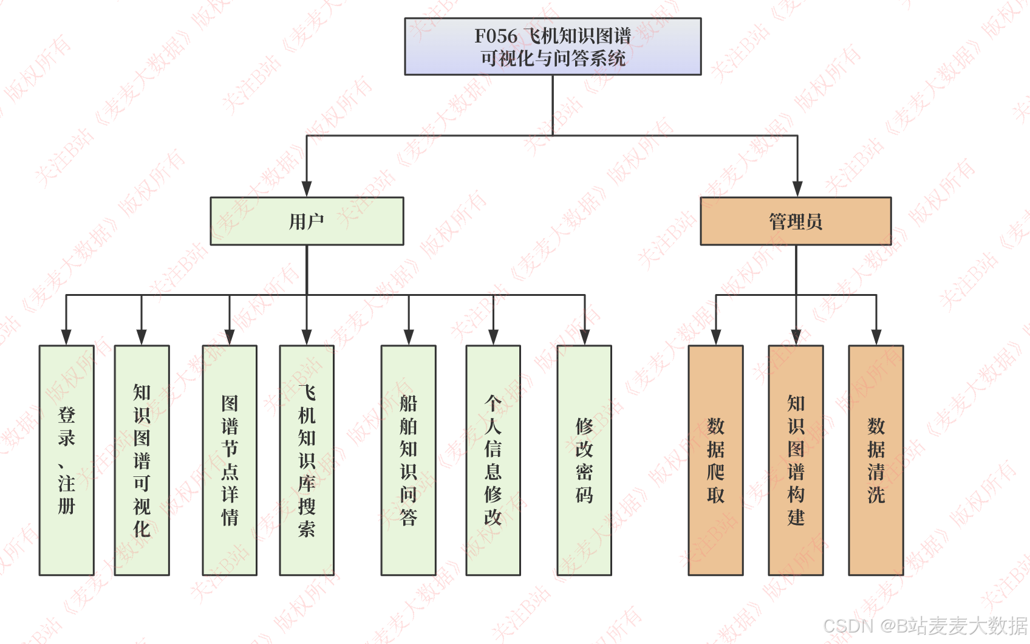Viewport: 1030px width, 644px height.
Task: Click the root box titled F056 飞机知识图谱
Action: (x=553, y=47)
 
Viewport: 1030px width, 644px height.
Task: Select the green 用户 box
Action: (x=307, y=221)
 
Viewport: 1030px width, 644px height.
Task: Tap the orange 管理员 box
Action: (x=796, y=221)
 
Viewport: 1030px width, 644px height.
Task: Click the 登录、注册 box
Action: (x=67, y=460)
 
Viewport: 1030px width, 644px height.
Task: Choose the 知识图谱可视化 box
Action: (x=142, y=460)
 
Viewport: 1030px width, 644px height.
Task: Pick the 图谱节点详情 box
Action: (x=230, y=460)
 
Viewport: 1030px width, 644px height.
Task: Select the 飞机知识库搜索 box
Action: (x=307, y=460)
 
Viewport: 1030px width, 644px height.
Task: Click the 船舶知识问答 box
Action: (x=408, y=460)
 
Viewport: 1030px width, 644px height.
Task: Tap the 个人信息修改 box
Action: (x=493, y=460)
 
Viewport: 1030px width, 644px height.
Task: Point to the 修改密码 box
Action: (x=584, y=460)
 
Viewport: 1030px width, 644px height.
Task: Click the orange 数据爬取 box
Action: (x=715, y=460)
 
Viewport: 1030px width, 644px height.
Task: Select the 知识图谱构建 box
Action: (x=796, y=460)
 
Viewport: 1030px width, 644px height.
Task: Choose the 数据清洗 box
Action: (x=876, y=460)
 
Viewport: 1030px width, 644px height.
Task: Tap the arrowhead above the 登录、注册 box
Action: (x=66, y=337)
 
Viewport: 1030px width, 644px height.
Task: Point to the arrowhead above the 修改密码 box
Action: (x=585, y=337)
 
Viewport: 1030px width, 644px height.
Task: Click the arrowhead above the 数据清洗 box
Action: (x=876, y=337)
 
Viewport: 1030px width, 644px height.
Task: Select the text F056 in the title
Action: (x=496, y=36)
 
